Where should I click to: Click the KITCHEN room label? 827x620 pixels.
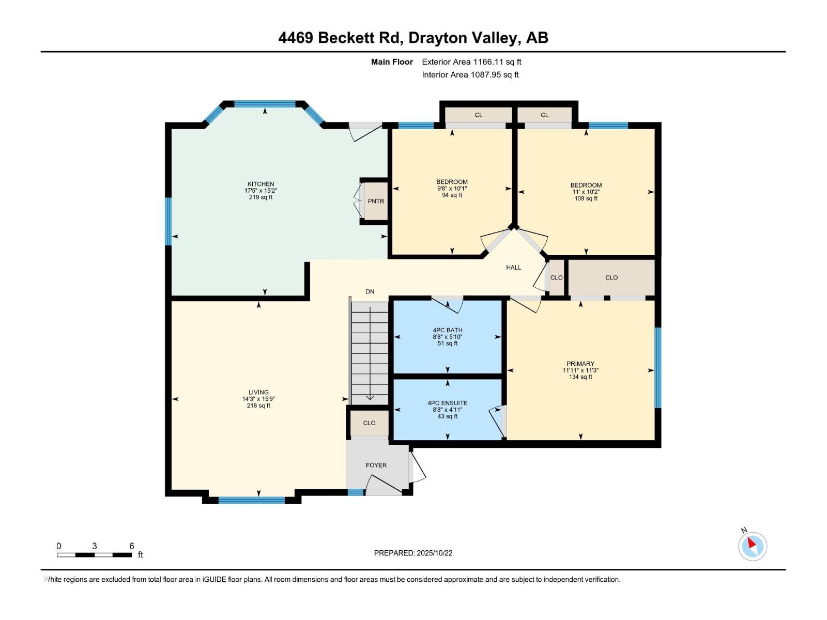[x=261, y=184]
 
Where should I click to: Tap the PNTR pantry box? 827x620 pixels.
[x=376, y=201]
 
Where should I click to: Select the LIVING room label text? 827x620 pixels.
[x=258, y=393]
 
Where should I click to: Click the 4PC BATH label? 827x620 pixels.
[x=448, y=331]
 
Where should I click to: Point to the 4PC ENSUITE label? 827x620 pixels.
[x=448, y=404]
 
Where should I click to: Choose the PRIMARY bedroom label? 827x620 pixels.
[x=580, y=364]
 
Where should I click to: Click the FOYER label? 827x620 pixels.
[x=376, y=466]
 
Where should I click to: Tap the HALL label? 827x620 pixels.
[x=514, y=268]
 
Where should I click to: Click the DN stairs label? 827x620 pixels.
[x=370, y=292]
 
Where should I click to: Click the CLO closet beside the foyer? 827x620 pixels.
[x=369, y=423]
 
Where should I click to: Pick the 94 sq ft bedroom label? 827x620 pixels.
[x=452, y=189]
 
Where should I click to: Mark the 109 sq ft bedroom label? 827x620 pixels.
[x=586, y=192]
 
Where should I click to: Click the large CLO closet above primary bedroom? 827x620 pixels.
[x=611, y=277]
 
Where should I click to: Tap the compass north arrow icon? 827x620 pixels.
[x=753, y=546]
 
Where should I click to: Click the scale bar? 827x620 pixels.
[x=95, y=555]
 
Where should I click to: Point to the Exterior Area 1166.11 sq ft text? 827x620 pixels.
[x=471, y=62]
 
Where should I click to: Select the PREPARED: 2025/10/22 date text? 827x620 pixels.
[x=413, y=553]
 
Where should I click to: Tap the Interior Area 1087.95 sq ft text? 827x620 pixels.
[x=470, y=75]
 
